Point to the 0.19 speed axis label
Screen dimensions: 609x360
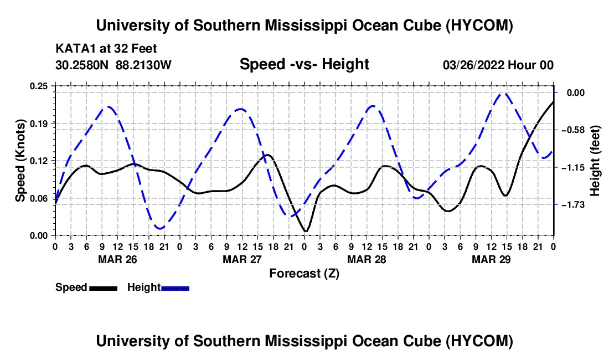coord(39,124)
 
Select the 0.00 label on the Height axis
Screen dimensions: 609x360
coord(576,93)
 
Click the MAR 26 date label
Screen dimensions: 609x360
coord(118,259)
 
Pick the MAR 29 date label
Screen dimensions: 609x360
coord(491,259)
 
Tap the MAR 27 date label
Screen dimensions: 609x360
coord(242,259)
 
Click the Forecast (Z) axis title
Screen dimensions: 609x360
coord(304,274)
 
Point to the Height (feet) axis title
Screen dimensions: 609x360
coord(595,161)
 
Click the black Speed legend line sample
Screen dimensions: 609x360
coord(103,288)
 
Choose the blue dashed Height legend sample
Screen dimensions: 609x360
coord(175,288)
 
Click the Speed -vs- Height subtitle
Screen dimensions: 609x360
coord(304,64)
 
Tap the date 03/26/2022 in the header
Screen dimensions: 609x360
coord(473,65)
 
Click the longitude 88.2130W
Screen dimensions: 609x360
coord(143,65)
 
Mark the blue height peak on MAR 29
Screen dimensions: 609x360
coord(505,93)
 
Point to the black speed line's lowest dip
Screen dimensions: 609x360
coord(305,232)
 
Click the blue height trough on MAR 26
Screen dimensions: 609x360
coord(159,228)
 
